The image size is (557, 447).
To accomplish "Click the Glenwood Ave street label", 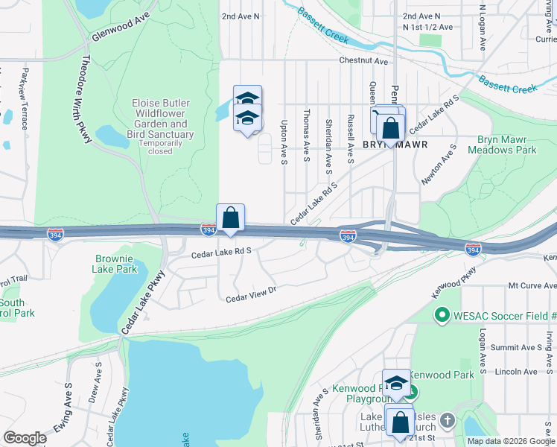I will [x=121, y=26].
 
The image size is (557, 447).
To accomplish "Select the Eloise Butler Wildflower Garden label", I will [x=162, y=118].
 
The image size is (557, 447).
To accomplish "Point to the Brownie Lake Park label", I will [x=116, y=264].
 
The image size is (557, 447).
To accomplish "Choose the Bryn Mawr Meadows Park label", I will [x=502, y=145].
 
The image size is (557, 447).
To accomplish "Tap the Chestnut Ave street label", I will [x=364, y=61].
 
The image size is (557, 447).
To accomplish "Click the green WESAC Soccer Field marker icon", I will [x=442, y=316].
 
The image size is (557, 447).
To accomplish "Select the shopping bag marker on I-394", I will [x=231, y=218].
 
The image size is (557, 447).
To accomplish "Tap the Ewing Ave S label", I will [x=62, y=419].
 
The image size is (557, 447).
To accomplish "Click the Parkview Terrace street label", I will [x=25, y=98].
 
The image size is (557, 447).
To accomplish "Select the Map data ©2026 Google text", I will [x=510, y=441].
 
